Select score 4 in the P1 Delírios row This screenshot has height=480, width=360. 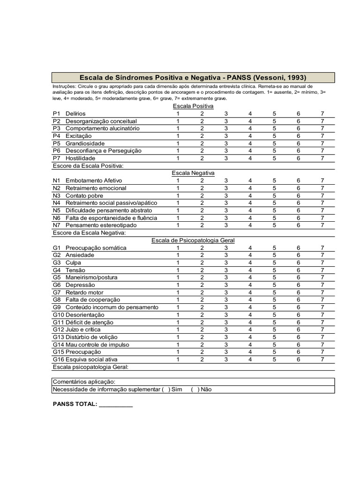[250, 113]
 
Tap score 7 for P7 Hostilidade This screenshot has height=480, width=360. [322, 158]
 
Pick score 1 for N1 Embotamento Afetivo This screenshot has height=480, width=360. [178, 180]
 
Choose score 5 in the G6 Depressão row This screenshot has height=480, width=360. [274, 285]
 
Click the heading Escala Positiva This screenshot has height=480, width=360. [193, 106]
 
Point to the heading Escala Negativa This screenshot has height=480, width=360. [193, 173]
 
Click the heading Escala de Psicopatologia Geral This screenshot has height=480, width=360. [193, 240]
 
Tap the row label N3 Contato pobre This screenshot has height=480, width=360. [77, 195]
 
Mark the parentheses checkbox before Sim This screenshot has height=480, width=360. [165, 390]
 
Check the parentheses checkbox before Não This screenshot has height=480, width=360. [195, 390]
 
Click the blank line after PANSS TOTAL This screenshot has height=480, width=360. [116, 404]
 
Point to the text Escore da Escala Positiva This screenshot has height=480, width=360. [88, 166]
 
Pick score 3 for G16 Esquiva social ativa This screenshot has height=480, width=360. [226, 360]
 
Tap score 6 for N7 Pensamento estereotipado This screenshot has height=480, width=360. [298, 225]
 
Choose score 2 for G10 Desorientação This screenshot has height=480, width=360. [202, 315]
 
